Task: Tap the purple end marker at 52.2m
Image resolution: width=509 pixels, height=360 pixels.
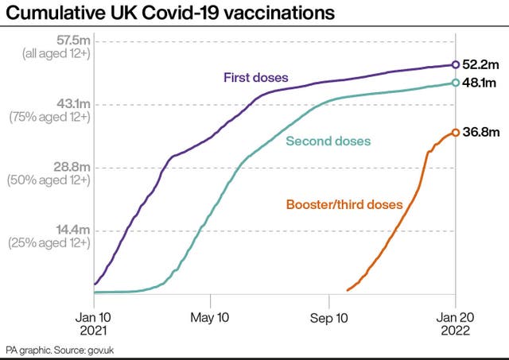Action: coord(455,64)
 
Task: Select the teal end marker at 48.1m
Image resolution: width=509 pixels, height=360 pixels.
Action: coord(455,83)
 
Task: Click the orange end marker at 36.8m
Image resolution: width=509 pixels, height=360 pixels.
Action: coord(455,133)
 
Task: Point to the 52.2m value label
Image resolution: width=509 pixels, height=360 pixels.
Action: coord(480,64)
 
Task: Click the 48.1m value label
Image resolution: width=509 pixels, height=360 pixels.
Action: coord(479,83)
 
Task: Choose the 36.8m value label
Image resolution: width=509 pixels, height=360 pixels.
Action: coord(480,133)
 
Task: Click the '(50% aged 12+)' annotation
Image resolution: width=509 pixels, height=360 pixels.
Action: coord(49,180)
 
